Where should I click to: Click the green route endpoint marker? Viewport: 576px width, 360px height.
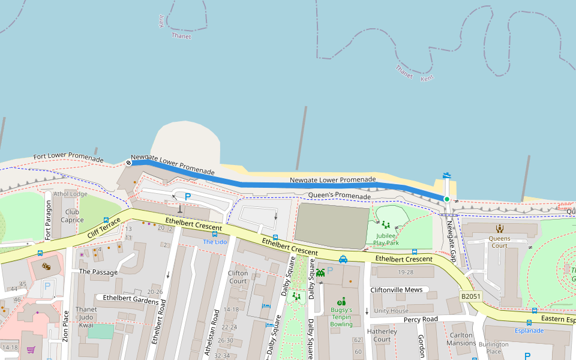pos(446,199)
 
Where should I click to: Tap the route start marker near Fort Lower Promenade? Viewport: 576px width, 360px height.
pos(128,162)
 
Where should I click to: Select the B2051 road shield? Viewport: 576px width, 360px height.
pos(471,296)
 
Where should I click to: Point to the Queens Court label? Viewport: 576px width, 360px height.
pos(499,242)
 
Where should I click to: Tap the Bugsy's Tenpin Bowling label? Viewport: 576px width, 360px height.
pos(341,317)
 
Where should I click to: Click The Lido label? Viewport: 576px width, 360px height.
pos(215,242)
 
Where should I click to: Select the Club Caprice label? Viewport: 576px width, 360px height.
pos(72,216)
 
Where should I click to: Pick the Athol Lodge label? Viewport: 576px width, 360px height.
pos(70,194)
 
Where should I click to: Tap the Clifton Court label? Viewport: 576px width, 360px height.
pos(238,277)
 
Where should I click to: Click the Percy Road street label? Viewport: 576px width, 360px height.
pos(420,319)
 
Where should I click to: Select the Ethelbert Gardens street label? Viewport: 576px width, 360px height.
pos(130,298)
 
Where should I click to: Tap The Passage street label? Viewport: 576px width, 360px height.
pos(98,272)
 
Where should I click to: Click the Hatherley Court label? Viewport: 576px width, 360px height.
pos(382,335)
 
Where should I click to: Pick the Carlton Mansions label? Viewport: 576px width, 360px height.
pos(461,339)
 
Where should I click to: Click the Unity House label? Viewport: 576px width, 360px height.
pos(391,311)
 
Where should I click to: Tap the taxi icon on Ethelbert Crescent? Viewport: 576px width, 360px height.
pos(343,259)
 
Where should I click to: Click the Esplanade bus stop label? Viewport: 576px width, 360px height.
pos(529,331)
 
